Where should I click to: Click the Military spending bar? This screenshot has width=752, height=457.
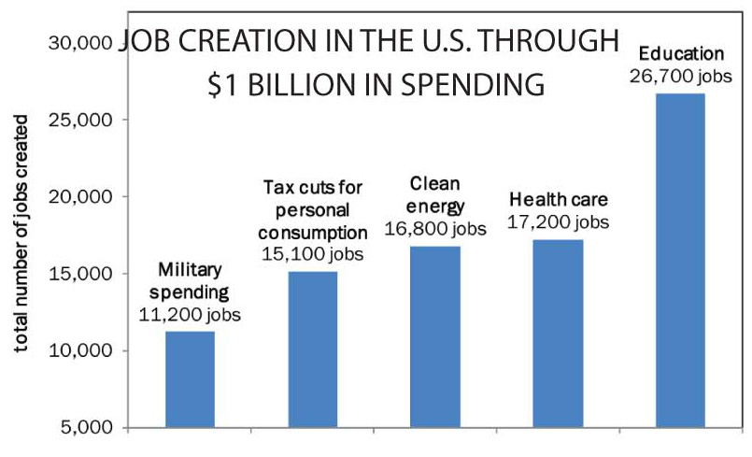[x=190, y=379]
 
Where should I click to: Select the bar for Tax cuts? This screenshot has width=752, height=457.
[x=312, y=350]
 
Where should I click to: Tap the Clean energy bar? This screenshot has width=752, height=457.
[x=435, y=336]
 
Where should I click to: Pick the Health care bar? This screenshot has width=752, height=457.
[x=558, y=334]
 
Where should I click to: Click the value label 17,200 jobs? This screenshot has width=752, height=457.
[x=558, y=221]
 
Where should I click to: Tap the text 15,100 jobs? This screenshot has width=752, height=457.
[x=311, y=253]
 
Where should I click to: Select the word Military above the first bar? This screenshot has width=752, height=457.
[x=190, y=270]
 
